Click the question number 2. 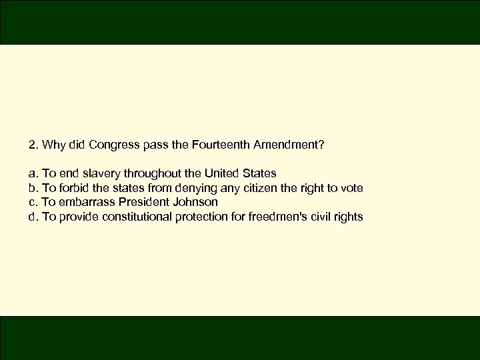tap(32, 144)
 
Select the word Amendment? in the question tap(289, 144)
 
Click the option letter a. tap(32, 173)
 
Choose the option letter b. tap(32, 188)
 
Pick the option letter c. tap(32, 202)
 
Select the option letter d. tap(32, 217)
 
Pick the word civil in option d tap(321, 217)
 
